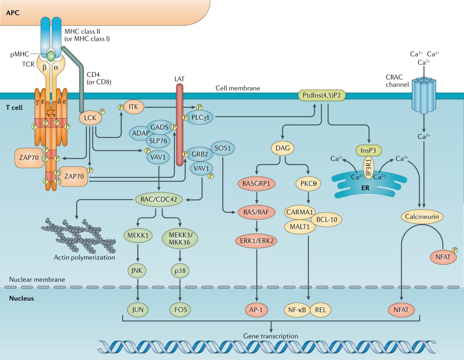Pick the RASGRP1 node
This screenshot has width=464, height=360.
256,184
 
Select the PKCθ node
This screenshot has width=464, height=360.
308,184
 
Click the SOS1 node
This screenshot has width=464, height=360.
222,148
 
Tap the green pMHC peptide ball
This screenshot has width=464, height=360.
51,56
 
